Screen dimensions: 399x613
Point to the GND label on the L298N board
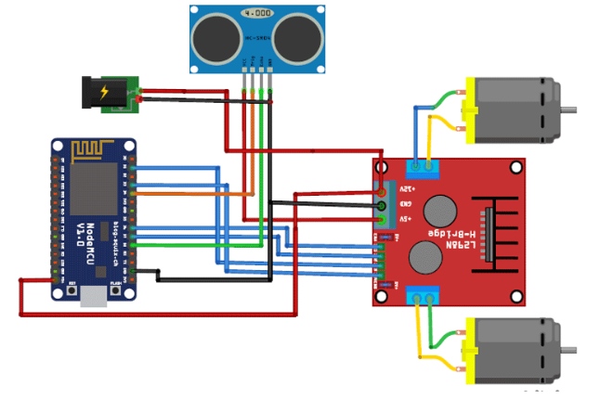405,204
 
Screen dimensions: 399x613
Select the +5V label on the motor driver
405,219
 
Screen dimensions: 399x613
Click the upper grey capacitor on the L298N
437,209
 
